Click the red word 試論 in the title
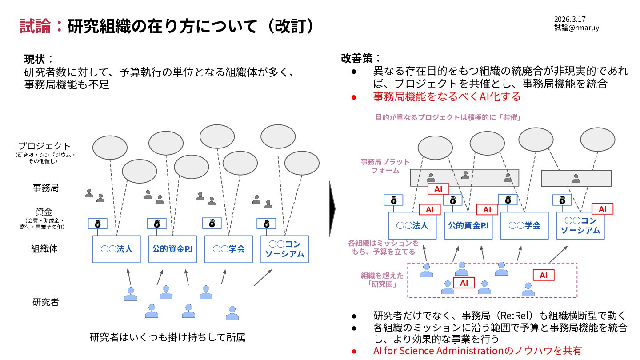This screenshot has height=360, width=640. [x=37, y=26]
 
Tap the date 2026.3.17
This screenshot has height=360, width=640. [x=569, y=19]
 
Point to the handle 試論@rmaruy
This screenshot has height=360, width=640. [x=576, y=28]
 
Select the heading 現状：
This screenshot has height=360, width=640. [x=39, y=59]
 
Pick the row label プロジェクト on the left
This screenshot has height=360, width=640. [x=44, y=146]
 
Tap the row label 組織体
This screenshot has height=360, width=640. [x=44, y=249]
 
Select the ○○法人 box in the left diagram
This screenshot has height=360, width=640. [x=116, y=249]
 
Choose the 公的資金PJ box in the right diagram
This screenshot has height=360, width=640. [x=468, y=225]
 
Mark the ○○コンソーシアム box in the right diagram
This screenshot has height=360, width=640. [x=580, y=225]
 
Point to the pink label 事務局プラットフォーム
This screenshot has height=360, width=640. [x=385, y=166]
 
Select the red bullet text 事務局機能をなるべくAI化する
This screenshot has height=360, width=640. [x=447, y=96]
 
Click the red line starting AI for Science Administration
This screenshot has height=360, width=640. [x=477, y=351]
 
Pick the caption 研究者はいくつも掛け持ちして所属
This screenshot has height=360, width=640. [x=168, y=337]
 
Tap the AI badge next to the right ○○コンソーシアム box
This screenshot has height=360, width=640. [x=602, y=209]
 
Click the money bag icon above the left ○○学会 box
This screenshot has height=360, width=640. [x=212, y=223]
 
